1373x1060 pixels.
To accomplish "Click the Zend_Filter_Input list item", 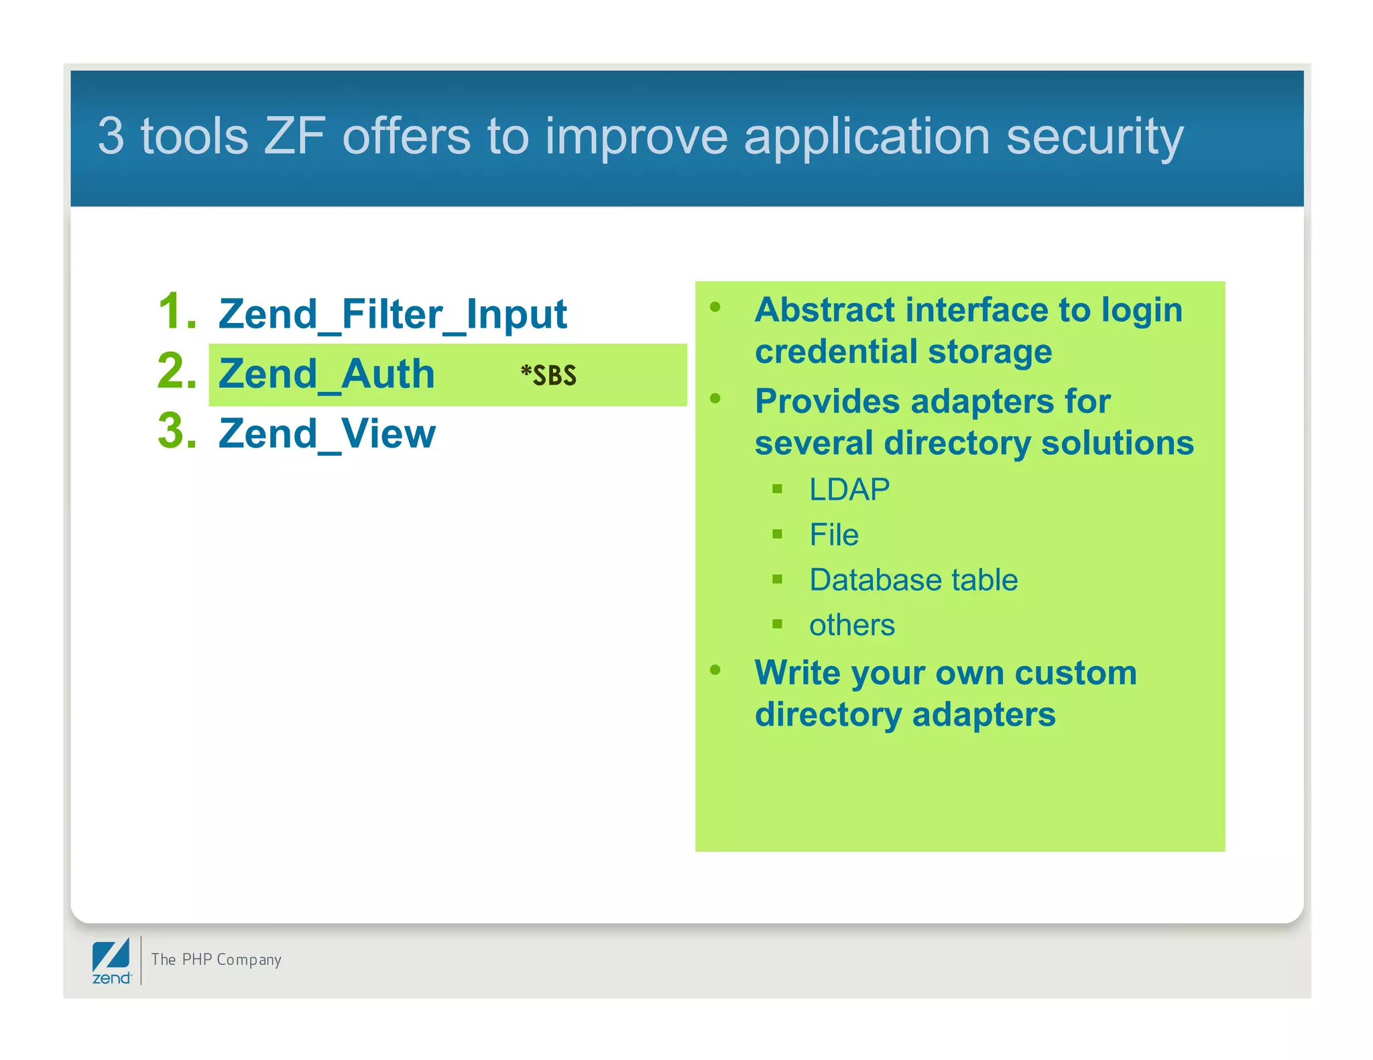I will point(392,314).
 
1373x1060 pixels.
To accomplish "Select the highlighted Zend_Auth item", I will point(326,374).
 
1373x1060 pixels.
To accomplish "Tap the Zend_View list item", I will point(326,434).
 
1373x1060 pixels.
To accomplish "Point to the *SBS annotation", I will point(548,375).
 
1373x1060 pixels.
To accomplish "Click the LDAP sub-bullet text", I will point(849,490).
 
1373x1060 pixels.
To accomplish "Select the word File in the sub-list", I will point(833,535).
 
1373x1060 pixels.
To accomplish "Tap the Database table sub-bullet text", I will point(913,580).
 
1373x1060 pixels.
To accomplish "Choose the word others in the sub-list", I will point(851,625).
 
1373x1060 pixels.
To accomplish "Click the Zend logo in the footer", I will point(111,961).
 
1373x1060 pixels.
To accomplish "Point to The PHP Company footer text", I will point(216,959).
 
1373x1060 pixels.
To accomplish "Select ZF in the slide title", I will point(294,136).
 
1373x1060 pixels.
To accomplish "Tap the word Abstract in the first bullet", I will point(825,310).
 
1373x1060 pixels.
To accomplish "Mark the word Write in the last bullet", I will point(796,673).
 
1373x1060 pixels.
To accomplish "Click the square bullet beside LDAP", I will point(777,489).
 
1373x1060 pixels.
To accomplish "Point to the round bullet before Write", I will point(715,669).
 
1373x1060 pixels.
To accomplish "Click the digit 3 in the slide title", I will point(111,136).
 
